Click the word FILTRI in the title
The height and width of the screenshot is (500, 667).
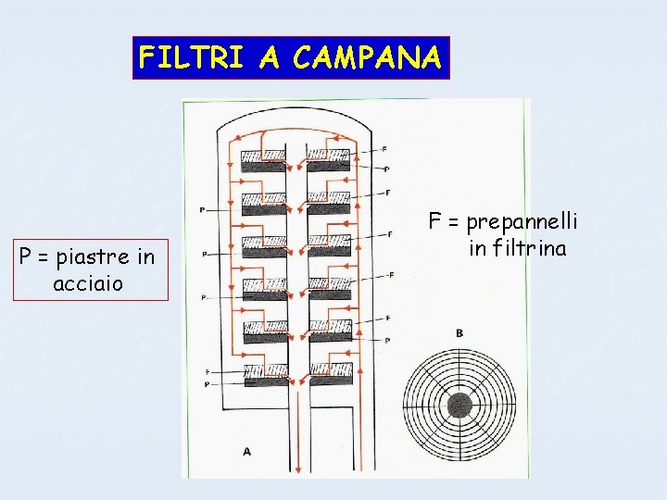click(x=190, y=58)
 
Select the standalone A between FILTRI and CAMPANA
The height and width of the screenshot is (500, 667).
click(x=269, y=58)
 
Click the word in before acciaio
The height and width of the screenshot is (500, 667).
click(x=145, y=256)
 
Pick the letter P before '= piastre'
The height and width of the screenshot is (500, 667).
click(x=27, y=256)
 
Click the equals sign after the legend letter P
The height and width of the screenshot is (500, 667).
click(x=45, y=257)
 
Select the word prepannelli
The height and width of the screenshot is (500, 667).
click(x=522, y=222)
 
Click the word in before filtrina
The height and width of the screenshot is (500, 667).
click(x=477, y=248)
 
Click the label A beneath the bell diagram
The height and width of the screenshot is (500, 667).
click(x=246, y=451)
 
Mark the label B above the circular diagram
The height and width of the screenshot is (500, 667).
click(x=459, y=333)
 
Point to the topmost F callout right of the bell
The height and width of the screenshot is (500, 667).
click(x=385, y=149)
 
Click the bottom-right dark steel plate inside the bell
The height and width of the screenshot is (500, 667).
click(x=330, y=380)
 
